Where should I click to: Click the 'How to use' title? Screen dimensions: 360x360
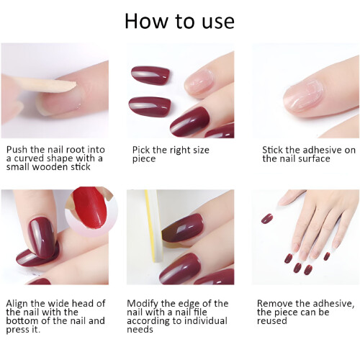click(179, 21)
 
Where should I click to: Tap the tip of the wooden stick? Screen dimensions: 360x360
click(76, 84)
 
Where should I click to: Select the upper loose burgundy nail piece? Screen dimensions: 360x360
click(150, 75)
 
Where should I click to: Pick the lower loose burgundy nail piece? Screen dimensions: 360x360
click(150, 107)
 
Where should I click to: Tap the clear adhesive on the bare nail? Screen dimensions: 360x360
click(303, 94)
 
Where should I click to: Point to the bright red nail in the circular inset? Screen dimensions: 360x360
click(89, 208)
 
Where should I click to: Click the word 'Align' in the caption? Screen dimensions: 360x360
click(17, 304)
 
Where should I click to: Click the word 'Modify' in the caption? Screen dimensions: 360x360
click(143, 304)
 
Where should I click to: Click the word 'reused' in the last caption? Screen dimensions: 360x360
click(271, 321)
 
